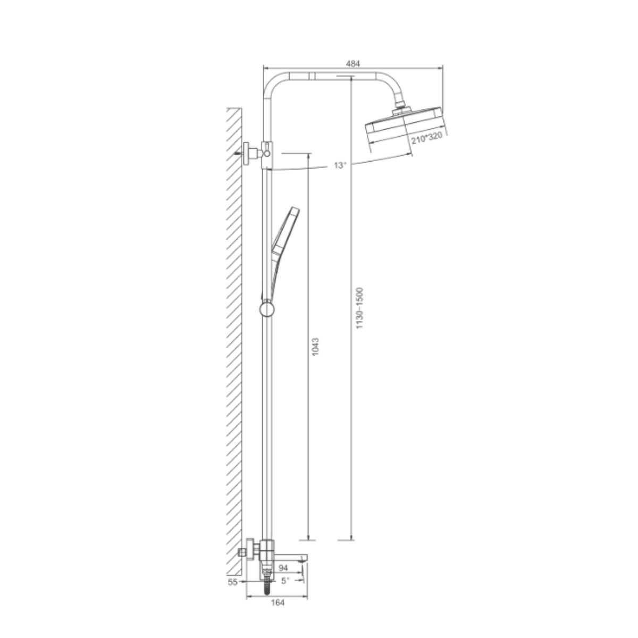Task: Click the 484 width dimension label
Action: [352, 64]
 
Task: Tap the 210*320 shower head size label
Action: [426, 138]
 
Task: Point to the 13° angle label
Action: [340, 165]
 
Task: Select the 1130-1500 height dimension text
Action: [360, 308]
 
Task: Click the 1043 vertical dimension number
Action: [315, 347]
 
